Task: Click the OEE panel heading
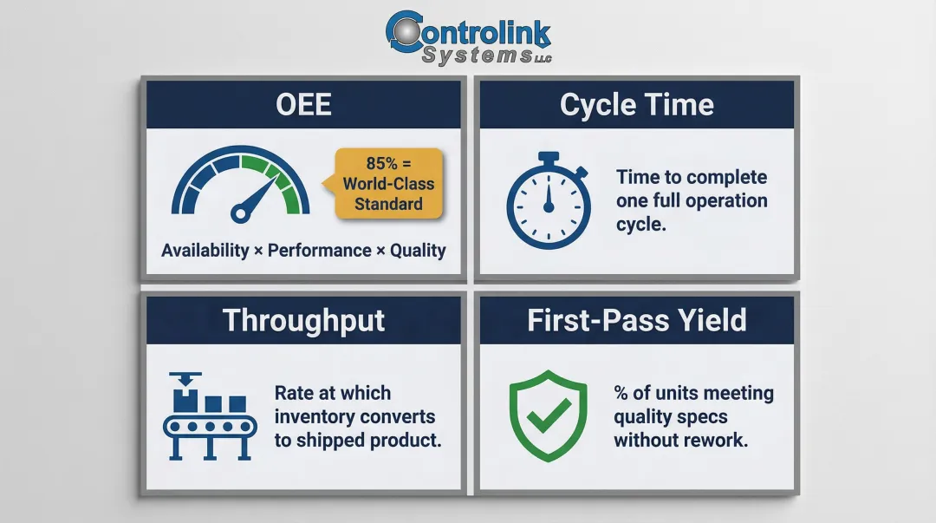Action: [303, 105]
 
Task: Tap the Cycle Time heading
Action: [637, 105]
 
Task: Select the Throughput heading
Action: [303, 320]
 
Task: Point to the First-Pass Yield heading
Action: [637, 320]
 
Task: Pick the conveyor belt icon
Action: [211, 415]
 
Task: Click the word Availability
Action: [205, 251]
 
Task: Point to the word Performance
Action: [319, 251]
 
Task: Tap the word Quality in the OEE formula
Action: [418, 251]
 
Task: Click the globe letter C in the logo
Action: [404, 33]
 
